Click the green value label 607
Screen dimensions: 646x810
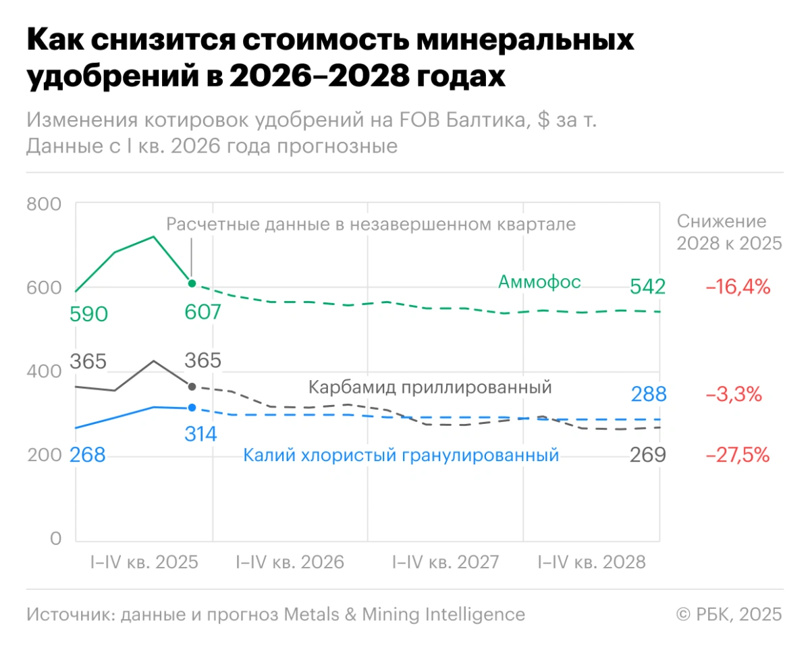click(202, 313)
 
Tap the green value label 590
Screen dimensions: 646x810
click(88, 315)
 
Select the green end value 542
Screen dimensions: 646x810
click(648, 287)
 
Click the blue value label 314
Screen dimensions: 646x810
click(200, 434)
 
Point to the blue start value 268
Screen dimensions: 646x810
click(88, 456)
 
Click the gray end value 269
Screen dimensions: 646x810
click(648, 456)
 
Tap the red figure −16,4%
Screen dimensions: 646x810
click(738, 287)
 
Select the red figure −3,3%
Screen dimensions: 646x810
click(734, 394)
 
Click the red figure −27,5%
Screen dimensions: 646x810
click(738, 456)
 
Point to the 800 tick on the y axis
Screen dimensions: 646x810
click(44, 205)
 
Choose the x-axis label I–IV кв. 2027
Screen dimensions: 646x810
click(446, 562)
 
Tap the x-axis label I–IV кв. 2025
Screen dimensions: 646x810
click(144, 562)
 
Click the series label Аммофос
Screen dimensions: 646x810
click(539, 281)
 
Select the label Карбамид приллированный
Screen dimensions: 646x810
click(430, 387)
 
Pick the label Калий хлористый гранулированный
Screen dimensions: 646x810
click(401, 456)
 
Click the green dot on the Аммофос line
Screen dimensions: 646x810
click(192, 284)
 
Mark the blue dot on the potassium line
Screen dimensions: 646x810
click(192, 408)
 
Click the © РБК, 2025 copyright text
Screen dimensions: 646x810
click(729, 614)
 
